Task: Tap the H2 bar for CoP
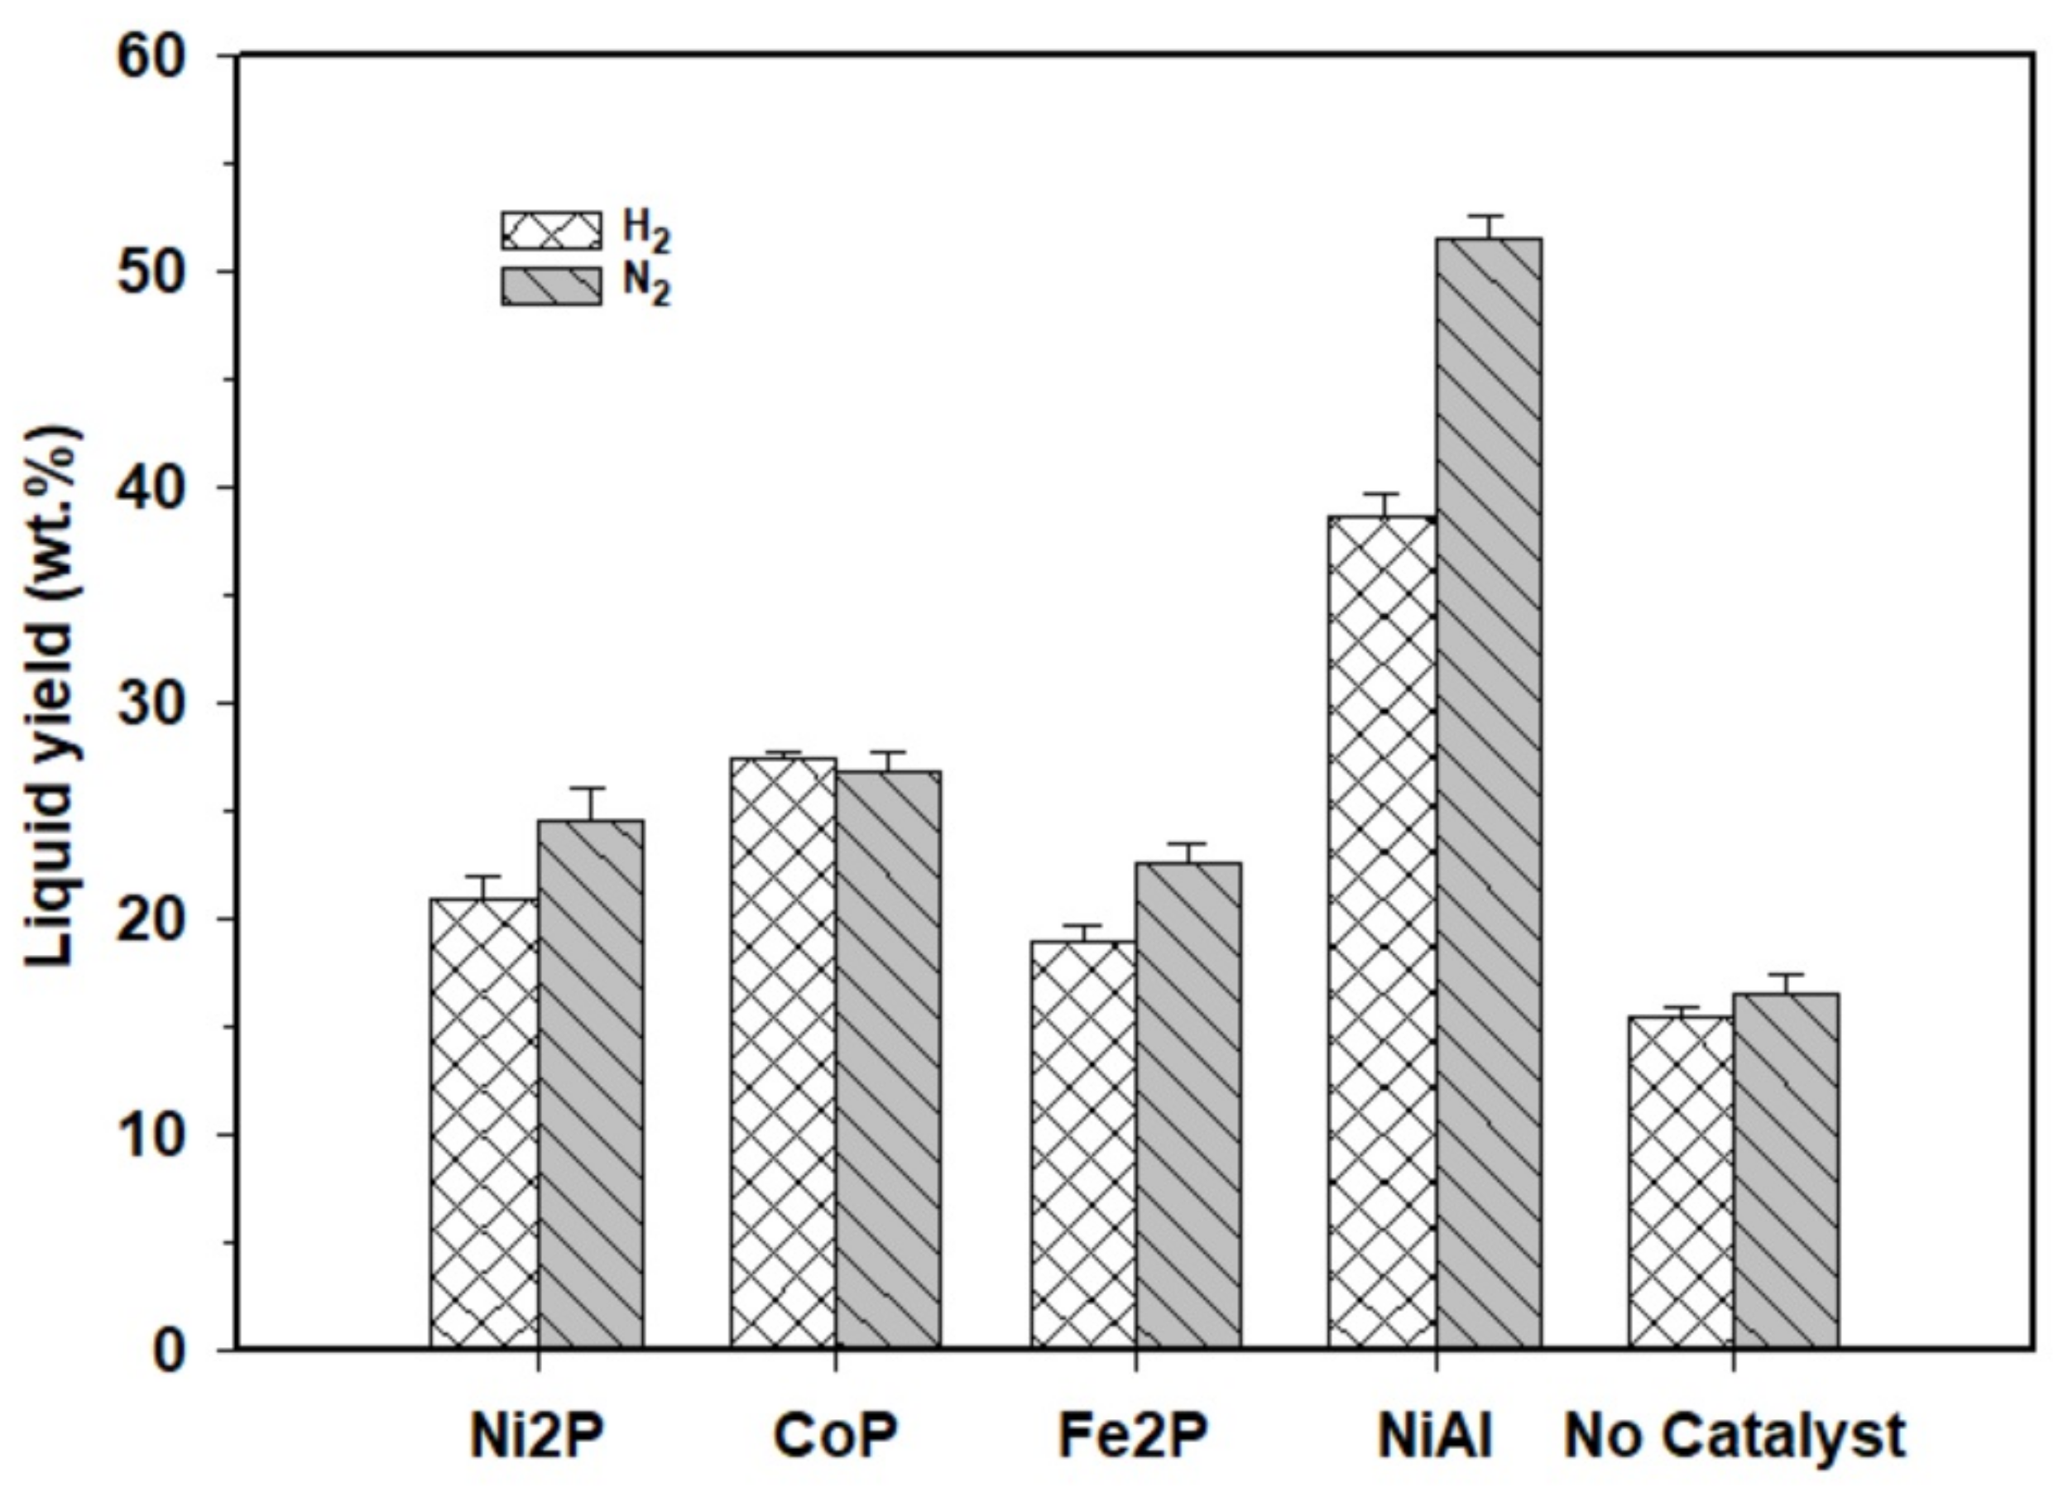pos(783,1053)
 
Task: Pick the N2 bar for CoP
pos(889,1059)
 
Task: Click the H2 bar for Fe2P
pos(1083,1144)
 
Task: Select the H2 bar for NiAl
pos(1381,932)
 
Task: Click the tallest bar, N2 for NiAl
pos(1488,794)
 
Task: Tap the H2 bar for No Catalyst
pos(1681,1182)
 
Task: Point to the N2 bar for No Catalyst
pos(1785,1171)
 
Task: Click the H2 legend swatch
pos(551,231)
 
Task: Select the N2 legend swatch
pos(551,285)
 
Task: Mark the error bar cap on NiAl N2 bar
pos(1488,216)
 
